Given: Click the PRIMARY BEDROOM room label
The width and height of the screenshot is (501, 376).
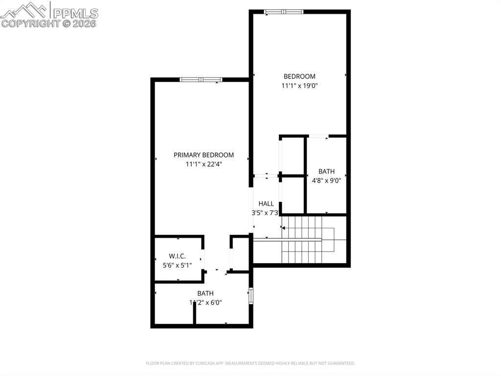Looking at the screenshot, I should pos(204,155).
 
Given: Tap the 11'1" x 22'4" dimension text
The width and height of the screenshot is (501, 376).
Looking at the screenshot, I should pos(204,165).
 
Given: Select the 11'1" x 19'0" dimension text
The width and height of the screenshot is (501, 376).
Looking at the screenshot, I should pos(299,86).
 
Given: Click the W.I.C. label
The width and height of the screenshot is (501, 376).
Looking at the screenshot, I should pos(177,256).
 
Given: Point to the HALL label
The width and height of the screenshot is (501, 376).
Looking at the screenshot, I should pos(266,203).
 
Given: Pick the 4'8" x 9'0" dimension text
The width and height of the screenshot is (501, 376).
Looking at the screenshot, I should pos(326,180).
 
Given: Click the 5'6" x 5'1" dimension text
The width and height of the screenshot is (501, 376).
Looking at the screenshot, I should pos(177,265).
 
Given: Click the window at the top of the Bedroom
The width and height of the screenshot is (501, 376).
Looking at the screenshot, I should pos(284,12).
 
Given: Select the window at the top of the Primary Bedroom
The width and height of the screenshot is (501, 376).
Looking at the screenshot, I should pos(201,79).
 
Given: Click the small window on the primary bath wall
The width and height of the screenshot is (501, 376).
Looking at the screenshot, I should pos(251,296).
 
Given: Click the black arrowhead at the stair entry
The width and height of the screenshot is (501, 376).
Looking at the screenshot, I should pos(283,227).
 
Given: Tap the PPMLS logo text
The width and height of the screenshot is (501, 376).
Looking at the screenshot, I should pos(75,13).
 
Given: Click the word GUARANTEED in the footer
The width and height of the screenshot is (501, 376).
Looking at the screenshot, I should pos(340,363).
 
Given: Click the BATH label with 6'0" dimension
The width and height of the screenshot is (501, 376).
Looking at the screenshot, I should pos(205,294).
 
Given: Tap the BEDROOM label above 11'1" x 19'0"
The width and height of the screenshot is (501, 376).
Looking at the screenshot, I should pos(299,76).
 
